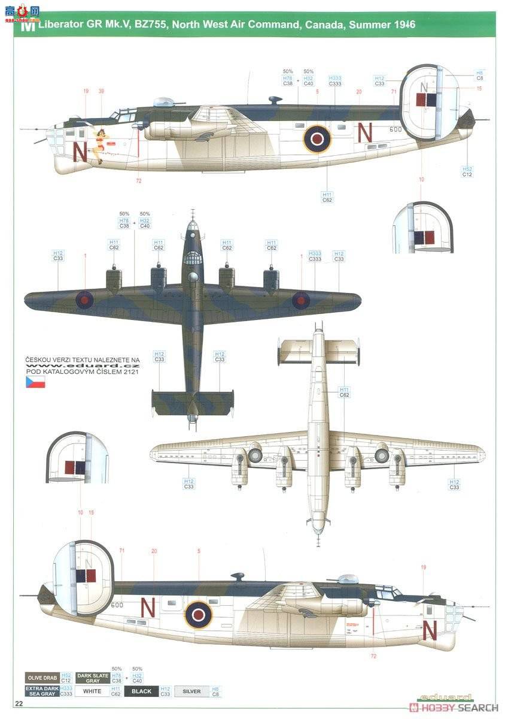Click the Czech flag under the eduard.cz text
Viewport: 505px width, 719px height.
[35, 382]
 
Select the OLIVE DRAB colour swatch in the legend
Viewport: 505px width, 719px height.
[41, 678]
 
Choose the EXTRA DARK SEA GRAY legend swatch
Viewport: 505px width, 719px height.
[41, 691]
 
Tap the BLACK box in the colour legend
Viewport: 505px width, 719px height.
[141, 691]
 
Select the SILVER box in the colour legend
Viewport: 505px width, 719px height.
[191, 691]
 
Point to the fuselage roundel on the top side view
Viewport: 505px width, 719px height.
[317, 139]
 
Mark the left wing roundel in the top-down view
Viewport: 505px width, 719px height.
[85, 298]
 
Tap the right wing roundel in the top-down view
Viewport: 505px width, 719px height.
[300, 300]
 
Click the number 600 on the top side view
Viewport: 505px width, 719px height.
[395, 129]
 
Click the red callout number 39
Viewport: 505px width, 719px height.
[101, 91]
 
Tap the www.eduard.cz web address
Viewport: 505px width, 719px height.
[83, 365]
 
